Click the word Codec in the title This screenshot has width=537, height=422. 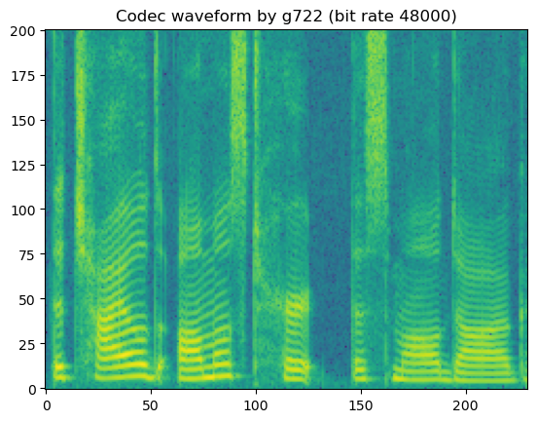click(138, 16)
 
